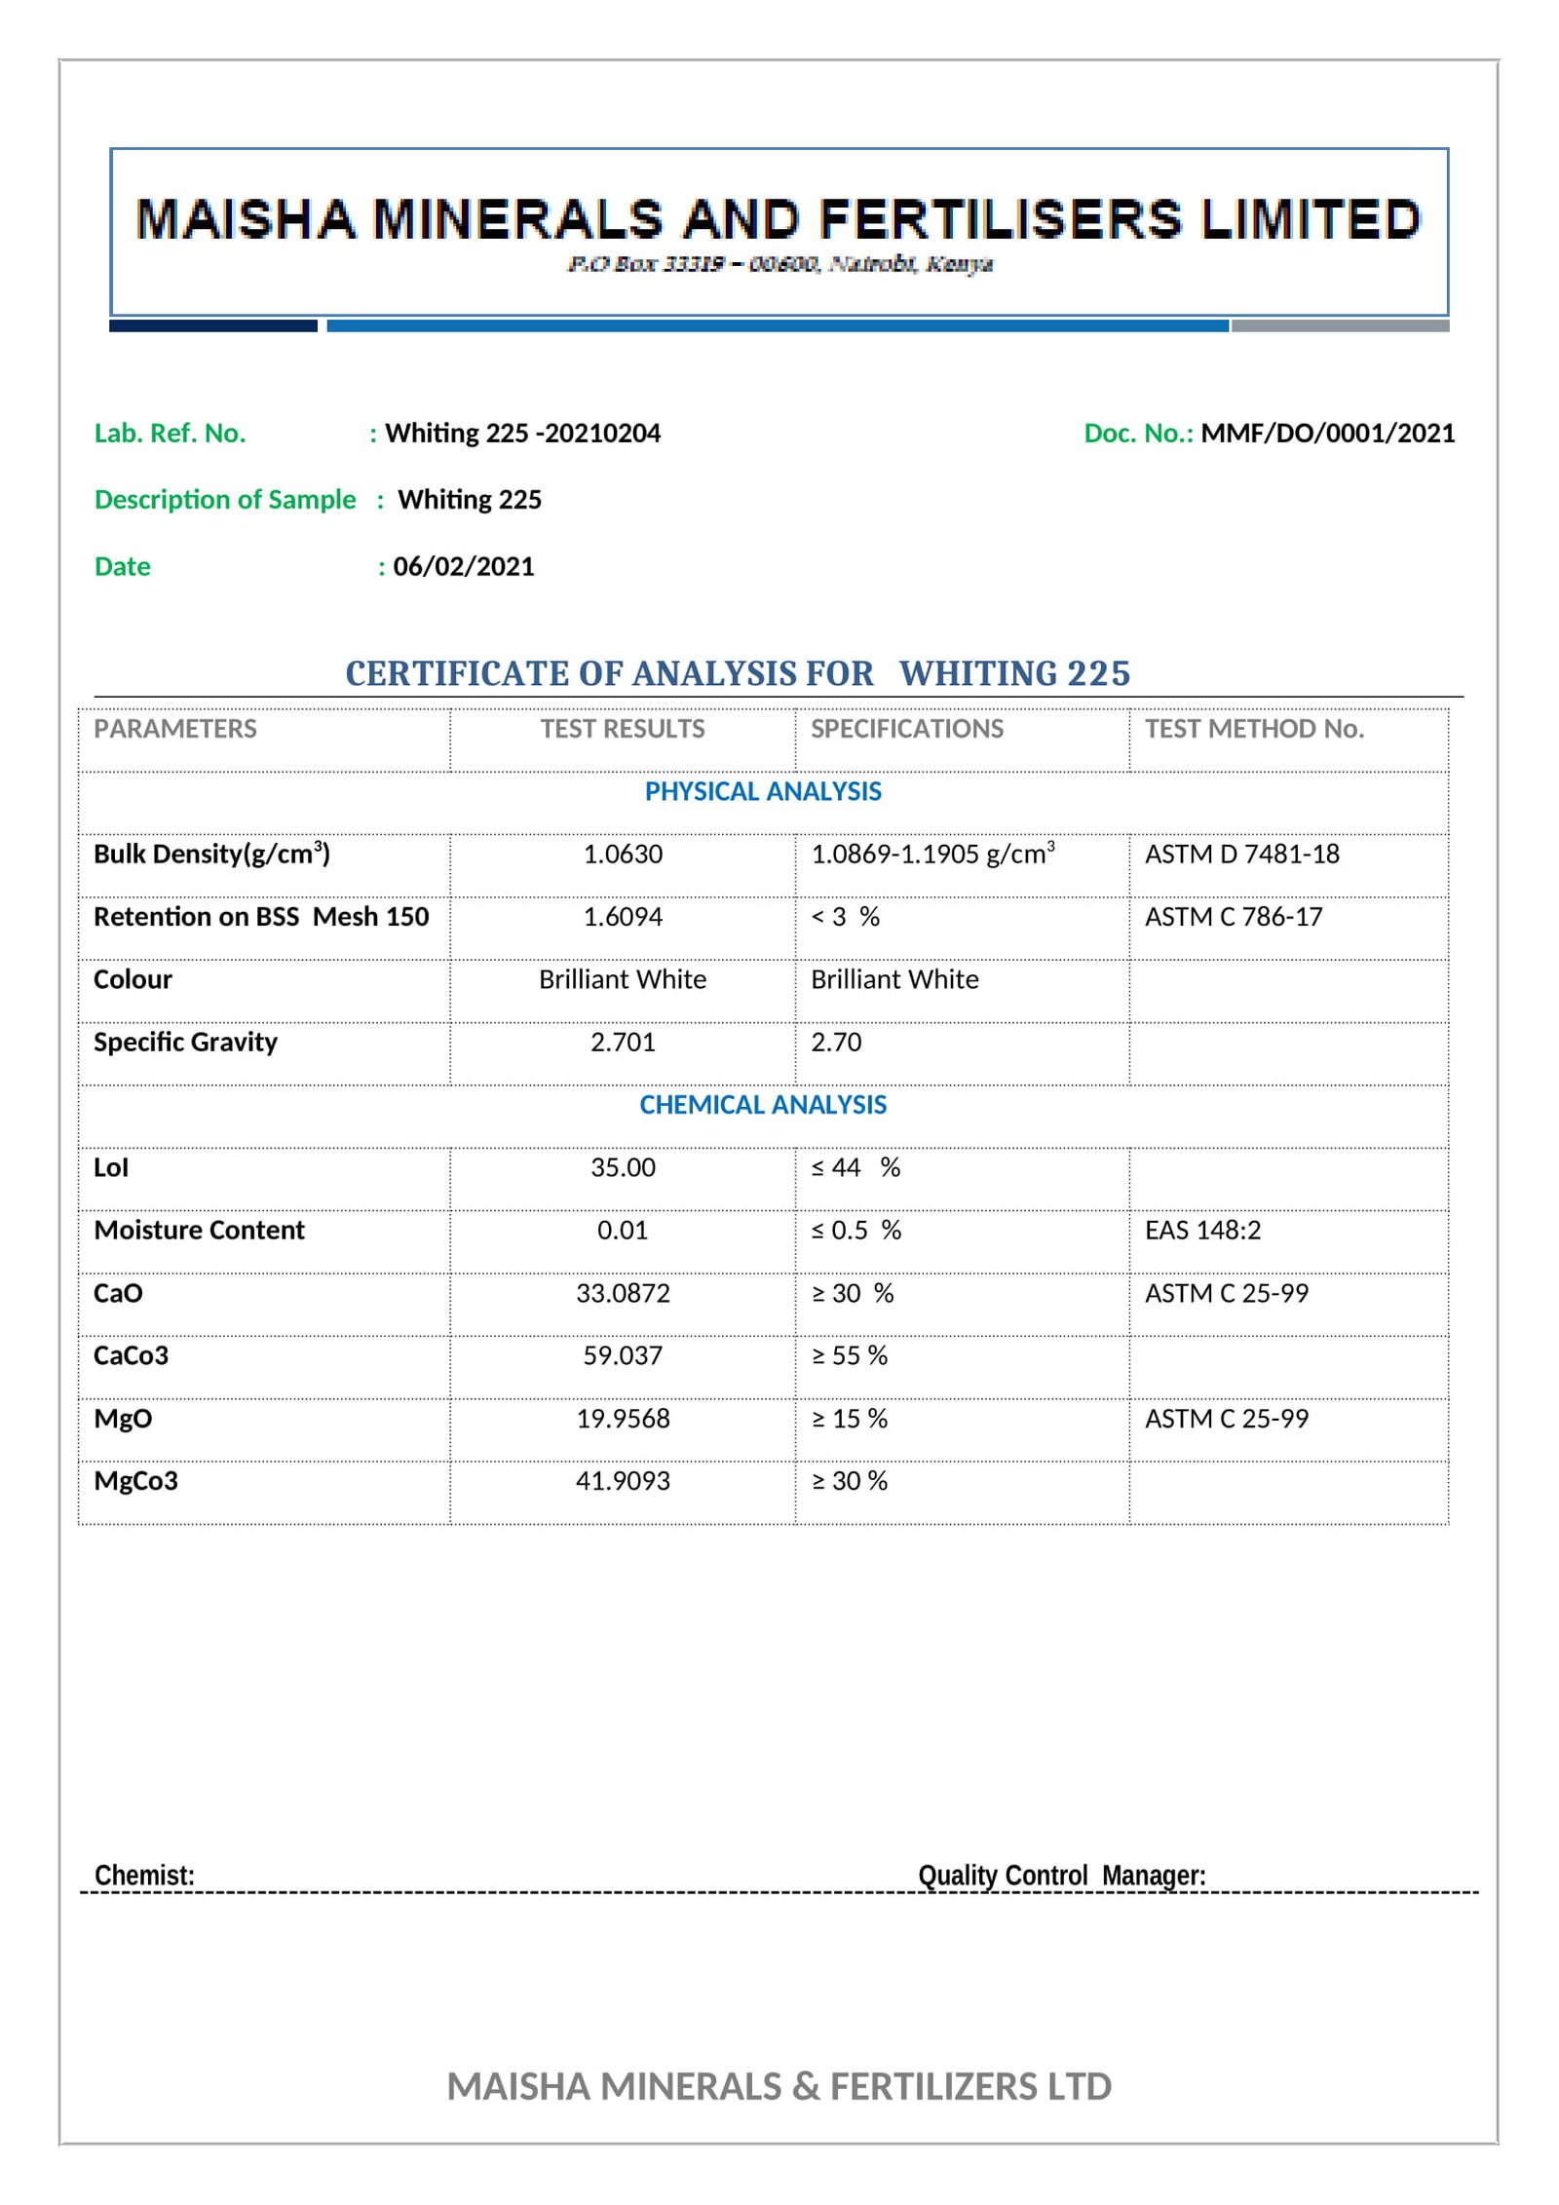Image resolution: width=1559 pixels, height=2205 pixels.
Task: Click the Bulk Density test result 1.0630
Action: coord(623,855)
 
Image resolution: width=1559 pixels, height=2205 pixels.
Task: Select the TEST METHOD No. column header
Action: coord(1254,729)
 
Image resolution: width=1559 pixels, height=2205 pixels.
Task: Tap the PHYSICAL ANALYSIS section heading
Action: coord(763,791)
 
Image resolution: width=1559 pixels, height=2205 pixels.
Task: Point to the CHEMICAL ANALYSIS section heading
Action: coord(763,1105)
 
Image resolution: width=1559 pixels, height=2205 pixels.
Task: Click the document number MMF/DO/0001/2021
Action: coord(1327,434)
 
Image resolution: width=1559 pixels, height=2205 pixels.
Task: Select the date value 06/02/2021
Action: coord(464,567)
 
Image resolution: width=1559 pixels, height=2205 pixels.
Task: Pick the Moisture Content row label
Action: coord(199,1231)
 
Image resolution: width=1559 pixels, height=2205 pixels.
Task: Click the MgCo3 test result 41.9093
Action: coord(623,1481)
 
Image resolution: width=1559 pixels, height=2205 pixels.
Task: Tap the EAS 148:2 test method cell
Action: coord(1202,1231)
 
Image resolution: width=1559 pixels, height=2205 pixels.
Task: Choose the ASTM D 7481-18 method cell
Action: coord(1241,855)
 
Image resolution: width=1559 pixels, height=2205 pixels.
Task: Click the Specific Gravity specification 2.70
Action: coord(836,1043)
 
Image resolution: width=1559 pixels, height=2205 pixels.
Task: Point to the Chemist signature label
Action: coord(144,1876)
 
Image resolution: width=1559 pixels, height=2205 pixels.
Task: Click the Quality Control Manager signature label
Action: coord(1061,1876)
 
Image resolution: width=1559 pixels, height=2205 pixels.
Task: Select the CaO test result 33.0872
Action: coord(623,1293)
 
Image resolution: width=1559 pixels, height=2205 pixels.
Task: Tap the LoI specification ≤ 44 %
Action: coord(856,1167)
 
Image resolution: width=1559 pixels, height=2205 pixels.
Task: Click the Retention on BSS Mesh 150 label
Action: coord(261,917)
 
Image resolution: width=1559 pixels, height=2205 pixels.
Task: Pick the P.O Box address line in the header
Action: coord(779,264)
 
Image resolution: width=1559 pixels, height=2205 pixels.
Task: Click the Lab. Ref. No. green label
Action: coord(170,434)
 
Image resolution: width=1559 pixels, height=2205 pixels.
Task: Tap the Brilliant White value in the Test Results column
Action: coord(623,979)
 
